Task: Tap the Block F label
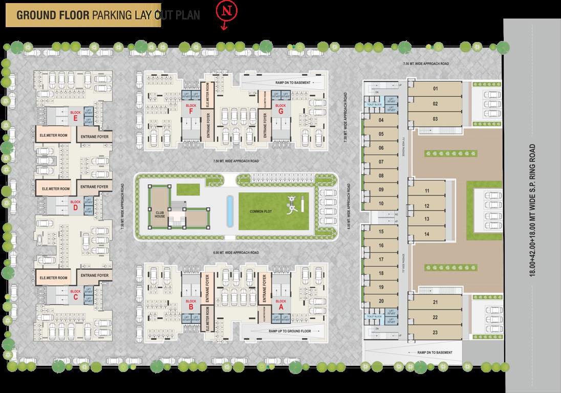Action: tap(191, 108)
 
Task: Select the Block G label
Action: tap(280, 108)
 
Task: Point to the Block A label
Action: tap(280, 304)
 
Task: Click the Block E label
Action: tap(76, 115)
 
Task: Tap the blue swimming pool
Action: tap(229, 210)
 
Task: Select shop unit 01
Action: tap(436, 89)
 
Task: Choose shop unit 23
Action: tap(435, 332)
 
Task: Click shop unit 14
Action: tap(426, 234)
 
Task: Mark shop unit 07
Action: tap(381, 162)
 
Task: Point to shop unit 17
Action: tap(381, 259)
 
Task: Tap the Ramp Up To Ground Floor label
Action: tap(290, 331)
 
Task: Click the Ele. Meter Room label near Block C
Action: tap(54, 278)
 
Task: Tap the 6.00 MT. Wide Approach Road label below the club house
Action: tap(236, 253)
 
